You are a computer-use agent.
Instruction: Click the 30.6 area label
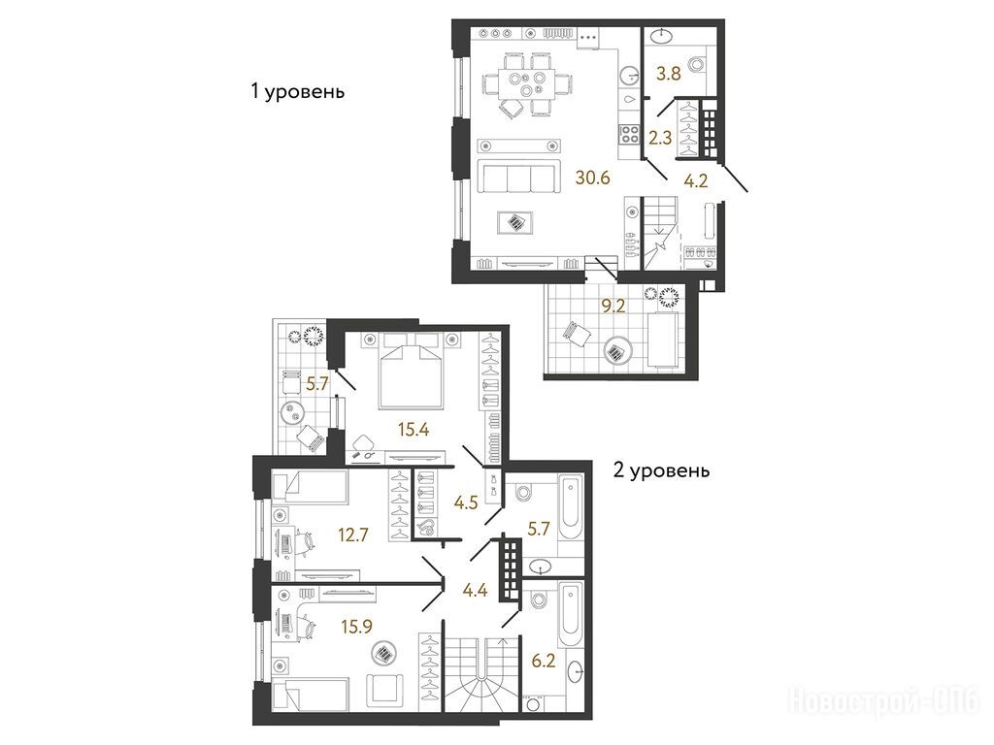tap(592, 178)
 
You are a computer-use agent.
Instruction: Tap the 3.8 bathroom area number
tap(668, 74)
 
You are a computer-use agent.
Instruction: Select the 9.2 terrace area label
tap(613, 307)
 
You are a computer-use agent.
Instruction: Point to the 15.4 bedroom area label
tap(414, 430)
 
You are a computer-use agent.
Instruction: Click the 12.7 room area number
tap(352, 535)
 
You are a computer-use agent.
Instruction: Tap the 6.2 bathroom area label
tap(544, 662)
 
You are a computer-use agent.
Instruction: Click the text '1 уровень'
tap(297, 92)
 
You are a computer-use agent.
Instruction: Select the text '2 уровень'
tap(661, 470)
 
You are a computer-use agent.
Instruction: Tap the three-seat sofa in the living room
tap(519, 176)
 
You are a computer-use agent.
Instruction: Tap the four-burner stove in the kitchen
tap(629, 134)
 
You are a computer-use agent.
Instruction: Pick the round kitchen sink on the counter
tap(629, 76)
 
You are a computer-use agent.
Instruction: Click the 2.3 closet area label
tap(660, 138)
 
